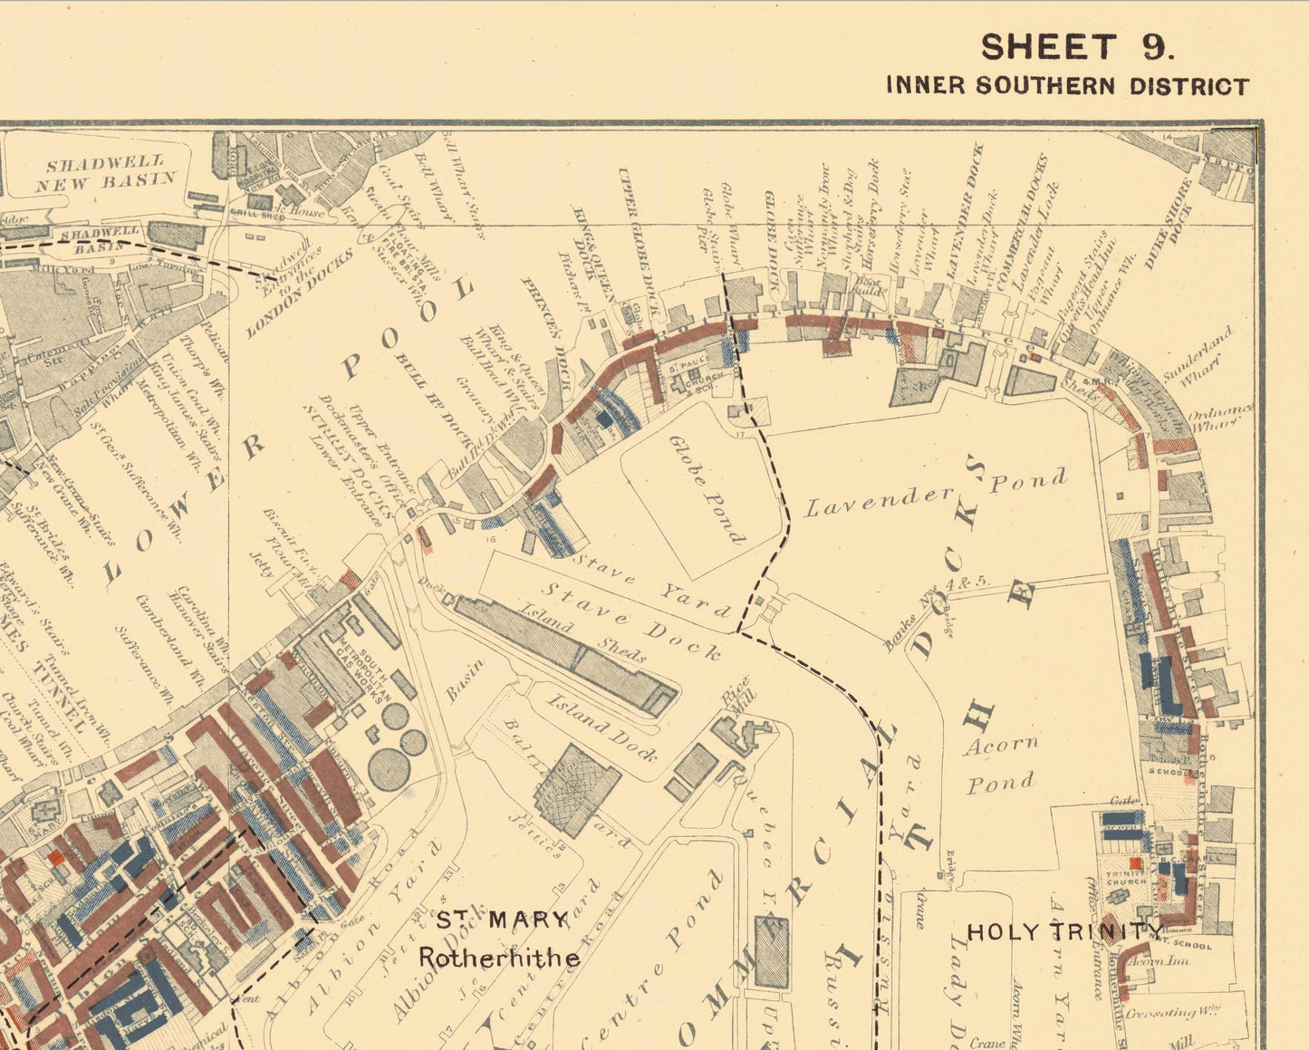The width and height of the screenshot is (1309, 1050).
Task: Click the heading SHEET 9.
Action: [x=1077, y=47]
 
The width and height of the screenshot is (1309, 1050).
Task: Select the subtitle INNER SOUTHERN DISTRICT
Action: [x=1067, y=86]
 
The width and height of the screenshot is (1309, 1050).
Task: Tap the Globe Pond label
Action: [x=707, y=489]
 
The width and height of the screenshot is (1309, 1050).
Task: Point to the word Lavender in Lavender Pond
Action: [x=879, y=499]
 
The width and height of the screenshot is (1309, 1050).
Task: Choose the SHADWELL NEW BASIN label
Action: [x=106, y=172]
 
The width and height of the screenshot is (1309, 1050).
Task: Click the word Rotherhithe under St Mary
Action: [x=498, y=957]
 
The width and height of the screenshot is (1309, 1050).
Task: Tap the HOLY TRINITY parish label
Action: [x=1065, y=931]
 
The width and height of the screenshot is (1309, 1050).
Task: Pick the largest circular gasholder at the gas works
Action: [x=388, y=770]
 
